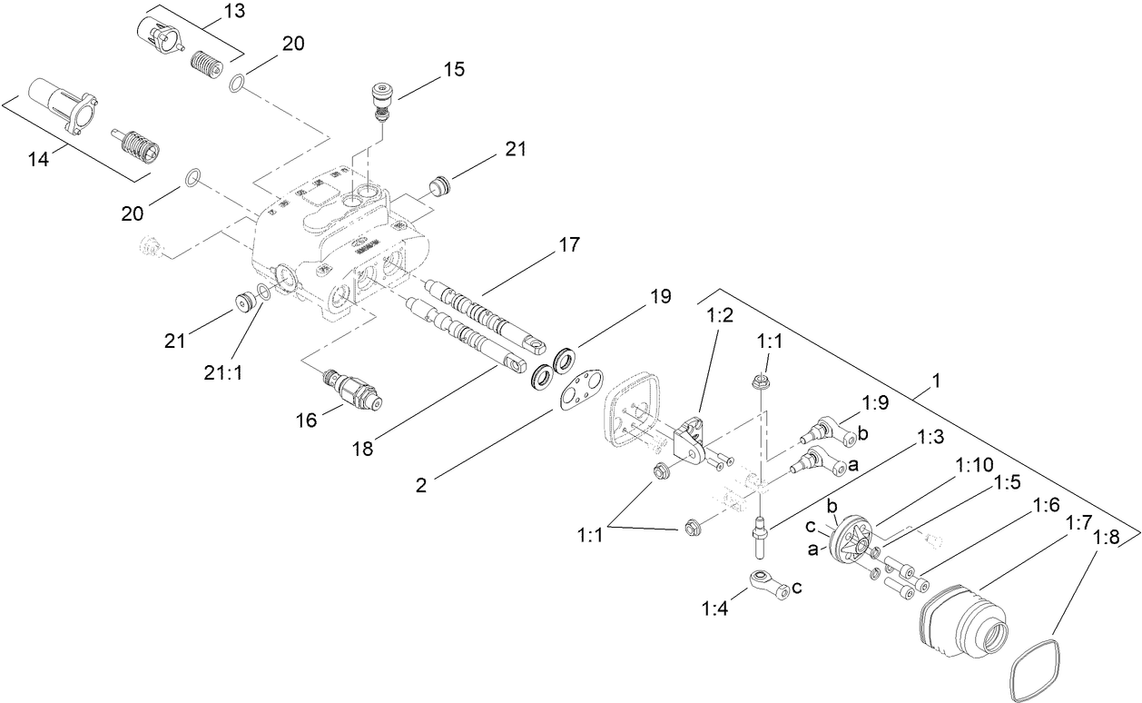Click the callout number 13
click(x=211, y=12)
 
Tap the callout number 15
click(x=453, y=70)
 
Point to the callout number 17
click(x=569, y=245)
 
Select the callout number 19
click(x=660, y=296)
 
